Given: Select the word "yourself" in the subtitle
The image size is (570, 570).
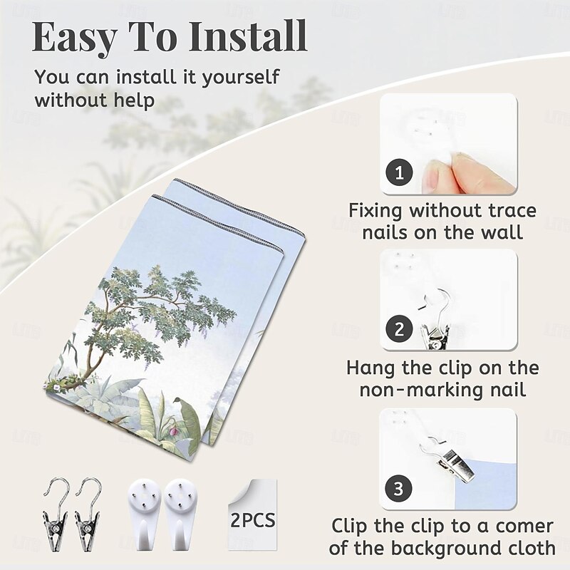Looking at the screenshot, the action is coord(241,78).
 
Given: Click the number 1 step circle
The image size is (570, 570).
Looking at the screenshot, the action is coord(399,172).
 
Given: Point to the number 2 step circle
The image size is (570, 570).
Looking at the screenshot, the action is coord(399,329).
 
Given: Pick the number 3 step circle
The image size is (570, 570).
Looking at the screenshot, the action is coord(398,488).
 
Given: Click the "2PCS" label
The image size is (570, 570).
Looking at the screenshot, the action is coord(253,520).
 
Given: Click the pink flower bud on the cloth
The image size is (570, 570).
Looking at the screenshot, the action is coord(174,431).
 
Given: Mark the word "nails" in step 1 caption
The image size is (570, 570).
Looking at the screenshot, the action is coord(384,232).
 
